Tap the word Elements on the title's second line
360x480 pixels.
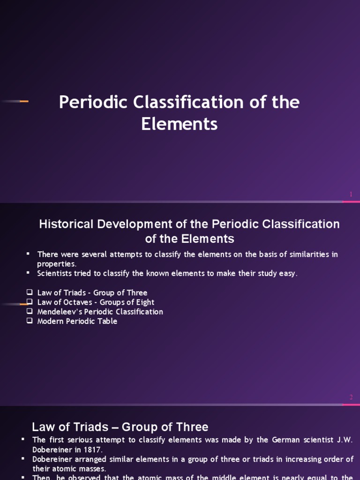click(x=180, y=124)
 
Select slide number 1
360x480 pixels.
click(x=351, y=194)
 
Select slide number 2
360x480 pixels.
click(x=351, y=397)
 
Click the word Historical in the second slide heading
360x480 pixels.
click(x=66, y=224)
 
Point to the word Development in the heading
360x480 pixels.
click(x=130, y=224)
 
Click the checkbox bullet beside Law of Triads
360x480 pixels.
click(x=30, y=292)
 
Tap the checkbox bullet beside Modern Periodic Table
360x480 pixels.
click(x=30, y=321)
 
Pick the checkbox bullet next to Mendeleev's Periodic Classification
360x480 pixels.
click(x=30, y=312)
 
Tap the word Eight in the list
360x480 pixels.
click(x=144, y=302)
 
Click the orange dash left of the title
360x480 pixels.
click(x=24, y=101)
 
